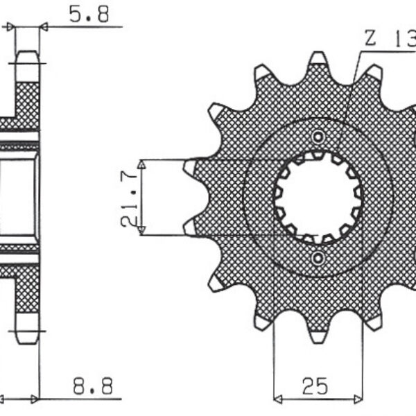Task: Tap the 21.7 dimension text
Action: click(x=128, y=197)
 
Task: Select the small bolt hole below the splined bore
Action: click(x=318, y=259)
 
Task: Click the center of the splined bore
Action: click(x=318, y=197)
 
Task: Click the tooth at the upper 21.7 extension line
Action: click(x=191, y=166)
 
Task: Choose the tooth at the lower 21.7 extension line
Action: click(x=191, y=227)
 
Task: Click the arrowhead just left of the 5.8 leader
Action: click(x=10, y=27)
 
